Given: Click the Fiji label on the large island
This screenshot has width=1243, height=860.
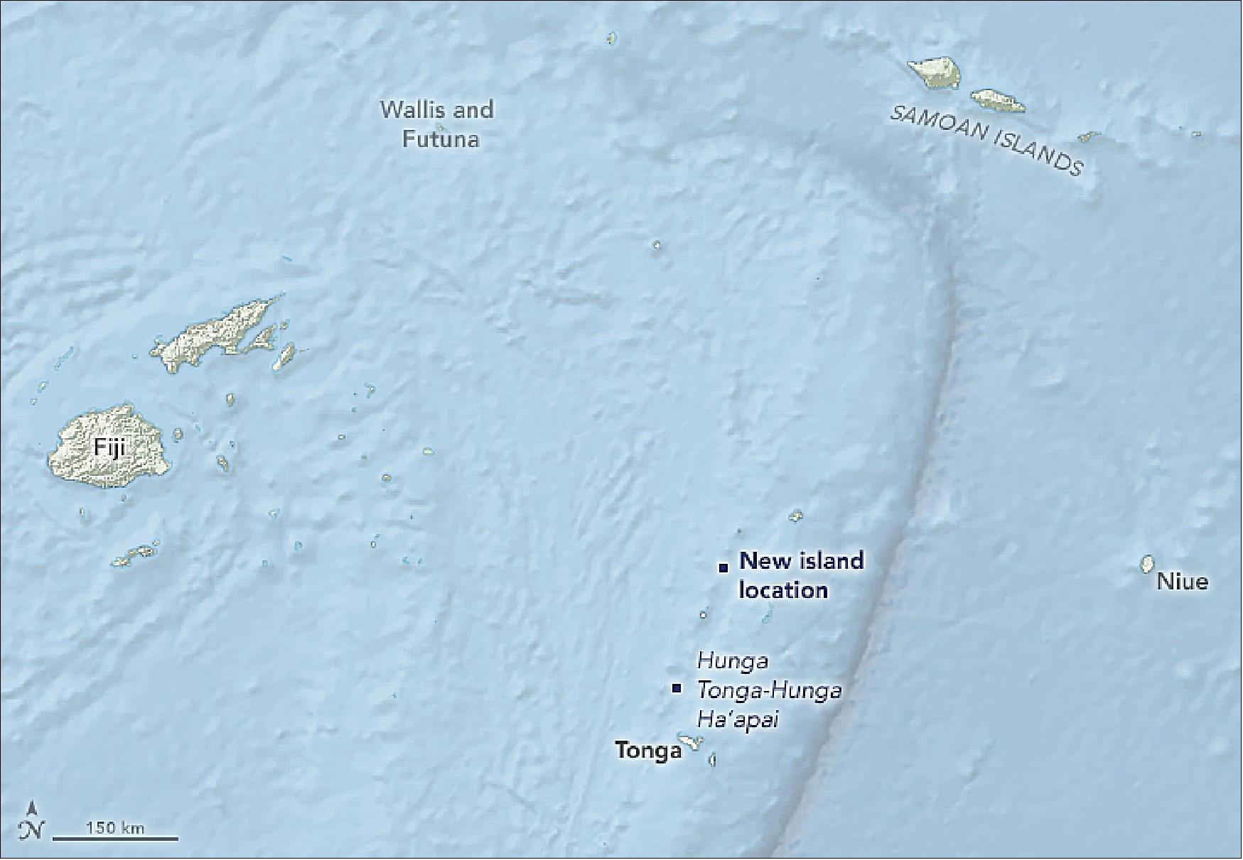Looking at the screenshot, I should (x=107, y=449).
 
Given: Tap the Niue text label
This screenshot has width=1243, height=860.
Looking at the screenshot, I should (x=1183, y=582).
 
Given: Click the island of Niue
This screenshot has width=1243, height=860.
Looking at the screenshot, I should (x=1146, y=565).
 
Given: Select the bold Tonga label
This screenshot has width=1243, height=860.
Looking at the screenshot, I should (x=648, y=751).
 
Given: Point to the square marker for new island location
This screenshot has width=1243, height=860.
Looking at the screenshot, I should (x=723, y=567).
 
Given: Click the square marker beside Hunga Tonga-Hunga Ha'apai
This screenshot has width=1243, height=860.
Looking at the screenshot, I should (x=677, y=688).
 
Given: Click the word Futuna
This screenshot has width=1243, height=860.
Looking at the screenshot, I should (x=441, y=138).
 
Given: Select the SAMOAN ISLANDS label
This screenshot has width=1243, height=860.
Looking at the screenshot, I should (x=988, y=142).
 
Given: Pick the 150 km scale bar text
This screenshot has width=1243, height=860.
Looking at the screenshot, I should (x=115, y=827).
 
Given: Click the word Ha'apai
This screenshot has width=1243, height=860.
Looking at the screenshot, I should (x=738, y=720).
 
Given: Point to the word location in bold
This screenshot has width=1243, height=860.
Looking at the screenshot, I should (x=783, y=590).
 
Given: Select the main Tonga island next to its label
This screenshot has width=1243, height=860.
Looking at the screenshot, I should (x=689, y=742).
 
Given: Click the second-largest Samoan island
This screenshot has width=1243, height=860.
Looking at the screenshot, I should (x=998, y=102).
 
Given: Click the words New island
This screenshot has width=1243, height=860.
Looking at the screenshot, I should (x=802, y=561).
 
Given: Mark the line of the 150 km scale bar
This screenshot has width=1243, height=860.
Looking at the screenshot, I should (x=115, y=839).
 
